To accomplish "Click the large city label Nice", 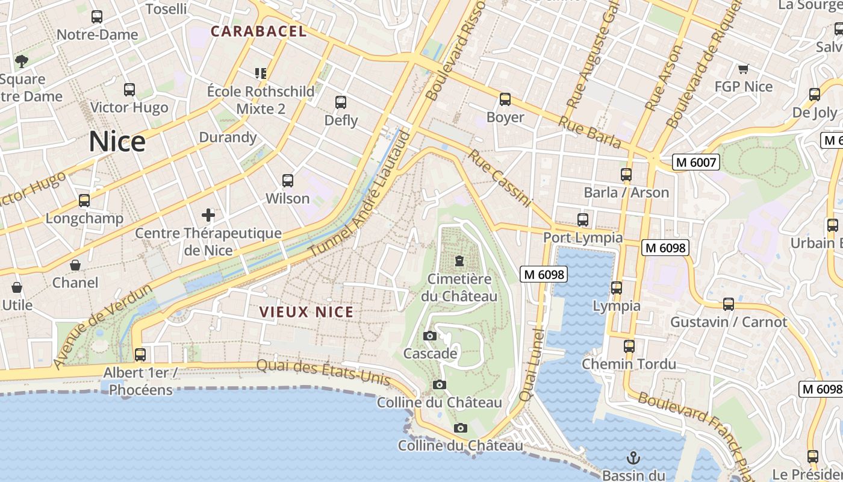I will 117,142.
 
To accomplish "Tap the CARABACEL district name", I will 258,31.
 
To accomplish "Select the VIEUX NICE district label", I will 306,312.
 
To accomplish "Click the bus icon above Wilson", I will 288,180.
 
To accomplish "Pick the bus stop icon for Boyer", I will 505,99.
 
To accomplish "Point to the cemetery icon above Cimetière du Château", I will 460,261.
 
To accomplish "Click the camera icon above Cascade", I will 430,336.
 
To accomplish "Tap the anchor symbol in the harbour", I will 633,458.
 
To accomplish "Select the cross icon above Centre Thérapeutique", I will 208,214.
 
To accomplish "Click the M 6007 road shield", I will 696,162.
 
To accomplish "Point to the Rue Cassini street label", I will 500,178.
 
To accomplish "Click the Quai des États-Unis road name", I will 323,372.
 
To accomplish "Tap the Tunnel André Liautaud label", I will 359,194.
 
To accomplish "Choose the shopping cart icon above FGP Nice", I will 743,69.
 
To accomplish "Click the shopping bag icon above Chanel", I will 75,265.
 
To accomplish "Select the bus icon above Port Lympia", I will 582,220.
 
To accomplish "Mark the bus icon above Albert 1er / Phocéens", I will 140,355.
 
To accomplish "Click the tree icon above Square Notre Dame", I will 22,61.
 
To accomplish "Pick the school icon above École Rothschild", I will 261,74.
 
